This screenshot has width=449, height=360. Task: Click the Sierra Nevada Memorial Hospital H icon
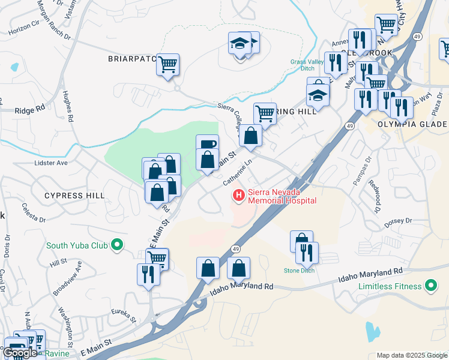pyautogui.click(x=239, y=195)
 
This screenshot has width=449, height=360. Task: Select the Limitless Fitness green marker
pyautogui.click(x=430, y=286)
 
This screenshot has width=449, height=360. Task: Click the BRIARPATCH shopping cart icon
pyautogui.click(x=168, y=64)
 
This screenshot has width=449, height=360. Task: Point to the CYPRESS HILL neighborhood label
pyautogui.click(x=74, y=196)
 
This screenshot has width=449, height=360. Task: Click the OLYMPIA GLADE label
pyautogui.click(x=412, y=124)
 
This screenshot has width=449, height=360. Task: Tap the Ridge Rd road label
pyautogui.click(x=30, y=110)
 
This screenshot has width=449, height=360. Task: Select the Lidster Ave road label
pyautogui.click(x=51, y=163)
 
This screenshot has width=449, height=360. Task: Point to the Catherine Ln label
pyautogui.click(x=237, y=173)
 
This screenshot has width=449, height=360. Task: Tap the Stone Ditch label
pyautogui.click(x=299, y=271)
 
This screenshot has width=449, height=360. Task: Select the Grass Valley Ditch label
pyautogui.click(x=307, y=65)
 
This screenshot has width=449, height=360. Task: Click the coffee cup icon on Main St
pyautogui.click(x=207, y=144)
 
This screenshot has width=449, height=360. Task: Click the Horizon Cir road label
pyautogui.click(x=22, y=29)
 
